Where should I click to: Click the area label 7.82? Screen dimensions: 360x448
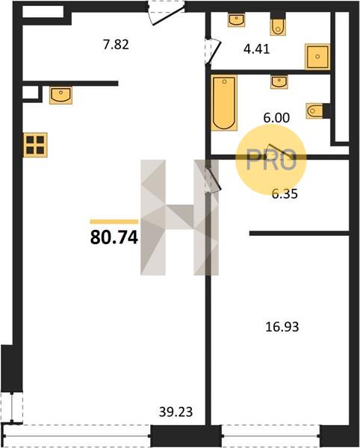pyautogui.click(x=116, y=45)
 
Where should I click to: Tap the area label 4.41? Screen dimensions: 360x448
pyautogui.click(x=257, y=49)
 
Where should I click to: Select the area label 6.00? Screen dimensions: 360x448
pyautogui.click(x=276, y=117)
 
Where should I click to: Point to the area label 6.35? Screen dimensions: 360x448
pyautogui.click(x=285, y=193)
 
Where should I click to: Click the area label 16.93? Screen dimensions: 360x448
pyautogui.click(x=282, y=326)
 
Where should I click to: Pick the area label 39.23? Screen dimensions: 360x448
pyautogui.click(x=176, y=411)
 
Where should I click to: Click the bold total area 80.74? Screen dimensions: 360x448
pyautogui.click(x=114, y=237)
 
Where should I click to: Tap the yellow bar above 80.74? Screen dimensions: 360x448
pyautogui.click(x=114, y=222)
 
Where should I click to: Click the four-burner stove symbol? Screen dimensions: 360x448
pyautogui.click(x=35, y=145)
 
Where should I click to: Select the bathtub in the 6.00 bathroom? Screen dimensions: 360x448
pyautogui.click(x=224, y=103)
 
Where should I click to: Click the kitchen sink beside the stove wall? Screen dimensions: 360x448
pyautogui.click(x=60, y=96)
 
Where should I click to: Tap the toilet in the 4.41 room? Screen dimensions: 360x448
pyautogui.click(x=278, y=24)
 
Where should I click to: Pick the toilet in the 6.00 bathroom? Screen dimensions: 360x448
pyautogui.click(x=317, y=111)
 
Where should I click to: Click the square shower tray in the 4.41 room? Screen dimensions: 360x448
pyautogui.click(x=317, y=57)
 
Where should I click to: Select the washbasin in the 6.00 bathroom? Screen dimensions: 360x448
pyautogui.click(x=279, y=82)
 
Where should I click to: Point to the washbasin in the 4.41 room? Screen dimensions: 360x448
pyautogui.click(x=236, y=21)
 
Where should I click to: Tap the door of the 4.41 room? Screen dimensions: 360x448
pyautogui.click(x=213, y=52)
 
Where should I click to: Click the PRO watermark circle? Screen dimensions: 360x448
pyautogui.click(x=271, y=160)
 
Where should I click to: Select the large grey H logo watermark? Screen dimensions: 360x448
pyautogui.click(x=179, y=217)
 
